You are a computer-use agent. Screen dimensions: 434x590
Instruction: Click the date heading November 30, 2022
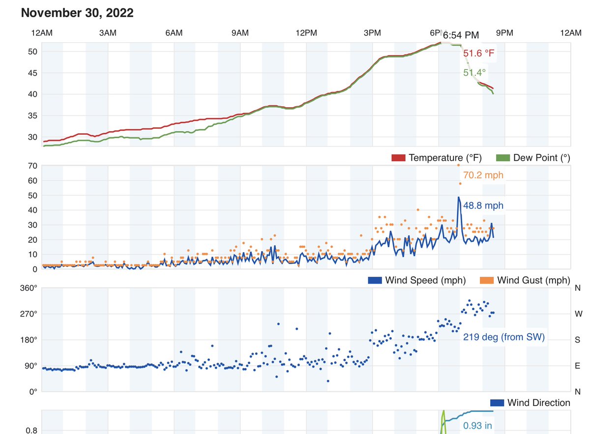77,13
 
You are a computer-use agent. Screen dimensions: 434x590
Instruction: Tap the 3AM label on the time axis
108,33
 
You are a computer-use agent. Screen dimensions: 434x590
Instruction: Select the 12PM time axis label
306,33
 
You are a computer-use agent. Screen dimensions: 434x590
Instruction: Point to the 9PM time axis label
504,33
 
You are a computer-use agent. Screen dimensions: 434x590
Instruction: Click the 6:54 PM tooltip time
461,35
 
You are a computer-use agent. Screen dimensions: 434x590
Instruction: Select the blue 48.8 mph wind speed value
483,205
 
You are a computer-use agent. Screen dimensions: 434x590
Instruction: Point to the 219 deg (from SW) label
504,337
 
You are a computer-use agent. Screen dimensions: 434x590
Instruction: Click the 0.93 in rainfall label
478,426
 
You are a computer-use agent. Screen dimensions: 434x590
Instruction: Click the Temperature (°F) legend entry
437,158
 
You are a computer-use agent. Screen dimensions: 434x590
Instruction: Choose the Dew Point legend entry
533,158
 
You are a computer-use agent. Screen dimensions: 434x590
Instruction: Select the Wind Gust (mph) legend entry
525,281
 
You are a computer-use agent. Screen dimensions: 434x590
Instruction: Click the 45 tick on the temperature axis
32,73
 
